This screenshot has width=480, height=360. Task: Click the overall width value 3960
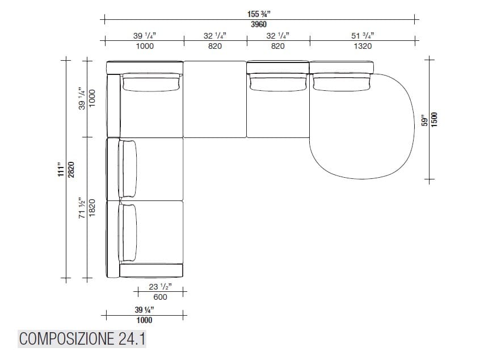click(259, 24)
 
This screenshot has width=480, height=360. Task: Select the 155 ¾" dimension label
click(259, 14)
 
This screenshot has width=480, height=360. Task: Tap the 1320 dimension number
click(363, 46)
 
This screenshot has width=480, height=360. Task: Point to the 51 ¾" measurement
click(363, 35)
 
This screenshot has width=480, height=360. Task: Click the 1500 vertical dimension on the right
click(435, 120)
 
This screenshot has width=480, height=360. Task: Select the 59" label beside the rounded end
click(424, 120)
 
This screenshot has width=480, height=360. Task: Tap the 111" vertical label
click(60, 170)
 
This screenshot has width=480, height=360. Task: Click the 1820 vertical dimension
click(93, 208)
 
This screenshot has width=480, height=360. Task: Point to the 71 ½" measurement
click(82, 208)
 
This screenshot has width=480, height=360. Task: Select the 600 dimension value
click(161, 297)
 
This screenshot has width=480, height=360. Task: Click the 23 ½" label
click(161, 287)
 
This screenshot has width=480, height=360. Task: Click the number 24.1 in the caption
click(132, 339)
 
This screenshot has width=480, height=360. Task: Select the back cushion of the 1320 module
click(341, 82)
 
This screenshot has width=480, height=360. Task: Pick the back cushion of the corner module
click(151, 82)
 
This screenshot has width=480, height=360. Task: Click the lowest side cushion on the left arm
click(128, 232)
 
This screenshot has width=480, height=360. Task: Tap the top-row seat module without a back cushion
click(215, 99)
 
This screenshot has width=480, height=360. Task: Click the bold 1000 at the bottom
click(145, 320)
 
